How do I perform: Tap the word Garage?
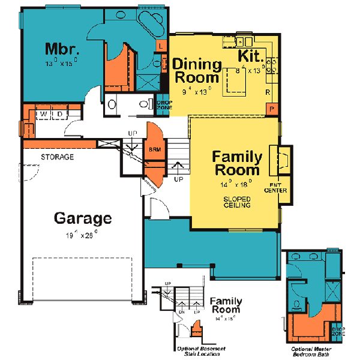[83, 218]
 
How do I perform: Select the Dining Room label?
[196, 70]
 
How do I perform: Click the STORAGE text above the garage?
[58, 157]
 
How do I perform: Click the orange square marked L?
[161, 46]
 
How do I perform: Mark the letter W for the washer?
[44, 113]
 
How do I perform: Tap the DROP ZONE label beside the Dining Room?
[164, 105]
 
